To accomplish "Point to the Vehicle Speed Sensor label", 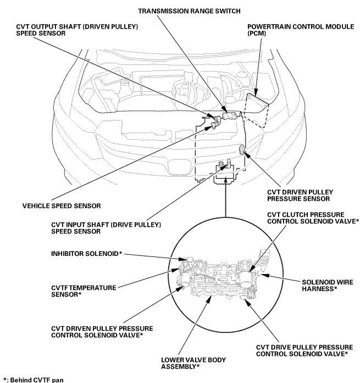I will [x=62, y=206].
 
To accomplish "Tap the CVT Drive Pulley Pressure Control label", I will [x=302, y=351].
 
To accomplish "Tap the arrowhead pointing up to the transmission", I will [x=225, y=189].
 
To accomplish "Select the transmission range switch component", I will [x=230, y=116].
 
